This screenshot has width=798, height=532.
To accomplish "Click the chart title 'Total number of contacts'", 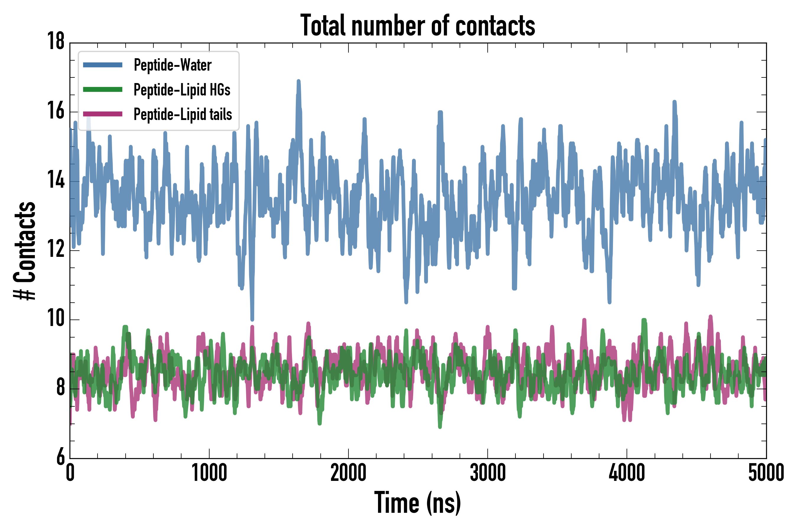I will (x=418, y=25).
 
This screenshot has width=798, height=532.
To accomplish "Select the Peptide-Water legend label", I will (x=172, y=65).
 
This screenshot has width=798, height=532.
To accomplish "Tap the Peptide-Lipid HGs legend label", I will (x=182, y=90).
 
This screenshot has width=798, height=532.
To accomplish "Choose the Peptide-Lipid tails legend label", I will (x=183, y=114).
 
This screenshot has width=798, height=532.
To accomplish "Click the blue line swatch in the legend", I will (x=103, y=65).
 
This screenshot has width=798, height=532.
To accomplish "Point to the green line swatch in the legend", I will (x=103, y=90).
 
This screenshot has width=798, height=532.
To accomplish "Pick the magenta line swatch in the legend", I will (x=103, y=114).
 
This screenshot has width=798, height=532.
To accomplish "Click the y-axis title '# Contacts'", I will (x=25, y=251).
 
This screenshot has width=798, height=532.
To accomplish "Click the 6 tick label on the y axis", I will (x=60, y=457).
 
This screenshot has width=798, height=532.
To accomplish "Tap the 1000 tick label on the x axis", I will (x=209, y=473).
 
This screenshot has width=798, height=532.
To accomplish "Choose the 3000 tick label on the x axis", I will (x=488, y=473).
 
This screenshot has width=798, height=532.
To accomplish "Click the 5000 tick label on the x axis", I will (x=766, y=473).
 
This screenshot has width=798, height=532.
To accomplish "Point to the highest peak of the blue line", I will (x=299, y=82).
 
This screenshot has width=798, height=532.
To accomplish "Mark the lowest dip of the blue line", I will (x=252, y=319).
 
